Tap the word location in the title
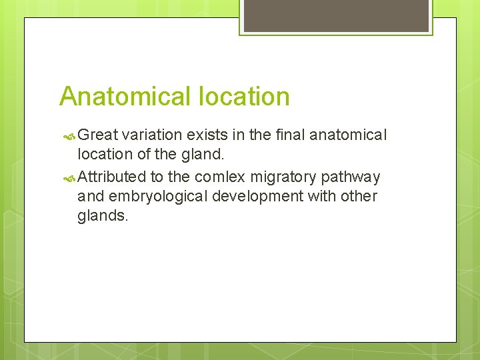(243, 97)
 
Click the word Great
(97, 135)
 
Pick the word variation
(153, 135)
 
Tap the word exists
(207, 135)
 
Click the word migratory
(284, 177)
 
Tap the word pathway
(351, 177)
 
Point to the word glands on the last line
(102, 216)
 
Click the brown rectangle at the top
(336, 15)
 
